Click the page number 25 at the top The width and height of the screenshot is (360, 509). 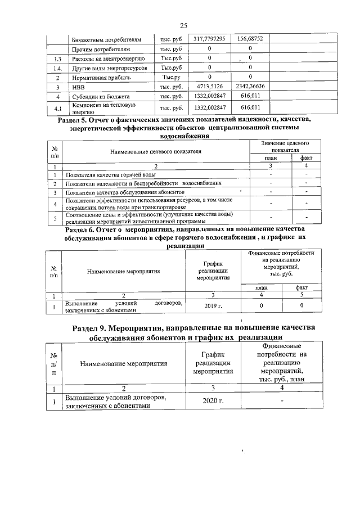tap(183, 25)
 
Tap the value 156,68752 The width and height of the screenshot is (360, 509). tap(250, 39)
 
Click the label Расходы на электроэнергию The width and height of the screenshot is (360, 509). tap(105, 58)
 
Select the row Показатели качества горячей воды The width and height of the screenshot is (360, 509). tap(111, 175)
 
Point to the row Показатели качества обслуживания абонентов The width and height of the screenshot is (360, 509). tap(125, 192)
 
